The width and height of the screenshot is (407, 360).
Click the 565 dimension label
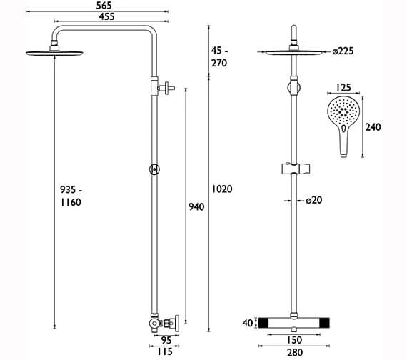[x=104, y=6]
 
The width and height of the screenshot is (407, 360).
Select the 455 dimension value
[x=106, y=16]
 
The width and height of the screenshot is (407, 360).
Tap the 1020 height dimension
[x=222, y=189]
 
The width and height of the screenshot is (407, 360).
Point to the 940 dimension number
[x=196, y=206]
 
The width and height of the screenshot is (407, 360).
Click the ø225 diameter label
[x=343, y=51]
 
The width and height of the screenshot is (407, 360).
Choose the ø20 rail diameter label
[x=314, y=200]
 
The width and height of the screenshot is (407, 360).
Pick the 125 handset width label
[x=343, y=88]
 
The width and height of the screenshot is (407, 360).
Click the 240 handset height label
[x=373, y=127]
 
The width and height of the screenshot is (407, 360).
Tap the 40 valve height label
[x=248, y=323]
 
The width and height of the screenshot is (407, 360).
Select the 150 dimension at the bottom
[x=295, y=340]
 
